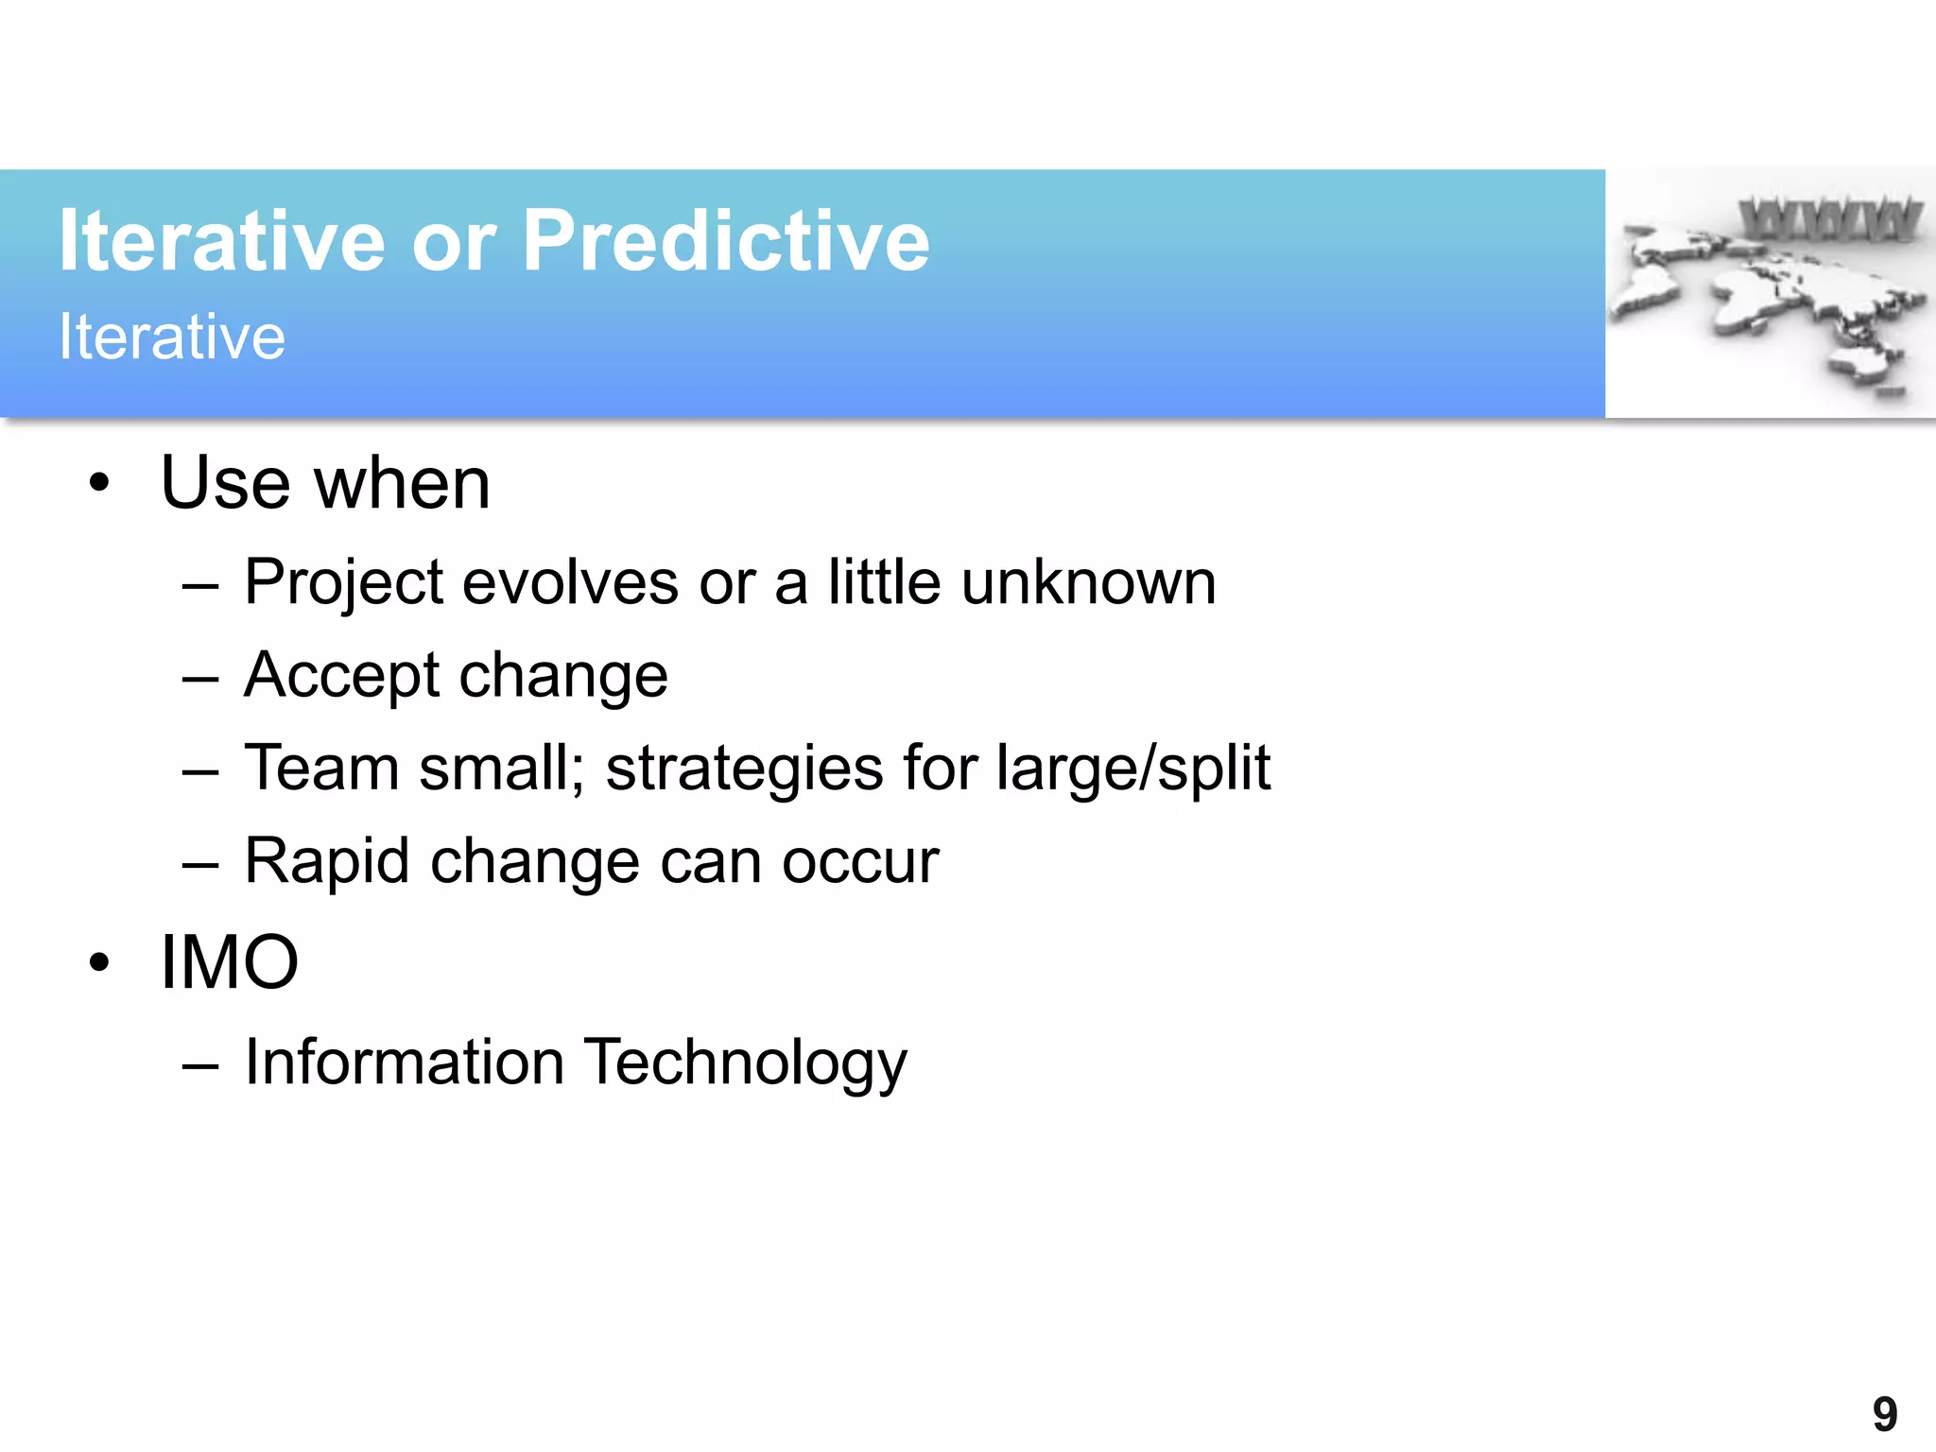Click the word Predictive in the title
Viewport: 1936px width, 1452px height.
[725, 242]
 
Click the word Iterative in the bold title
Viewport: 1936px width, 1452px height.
[222, 242]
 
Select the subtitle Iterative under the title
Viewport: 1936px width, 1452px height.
[172, 337]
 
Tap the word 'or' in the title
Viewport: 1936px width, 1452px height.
[454, 244]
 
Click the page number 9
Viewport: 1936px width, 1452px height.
[1884, 1415]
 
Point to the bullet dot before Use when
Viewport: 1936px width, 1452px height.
[99, 484]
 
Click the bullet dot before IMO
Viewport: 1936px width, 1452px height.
[99, 963]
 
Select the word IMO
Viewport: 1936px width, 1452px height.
[230, 962]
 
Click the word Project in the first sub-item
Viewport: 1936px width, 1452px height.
[343, 582]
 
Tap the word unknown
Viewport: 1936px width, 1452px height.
[1088, 582]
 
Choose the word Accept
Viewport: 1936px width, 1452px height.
[341, 676]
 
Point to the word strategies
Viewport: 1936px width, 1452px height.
[744, 768]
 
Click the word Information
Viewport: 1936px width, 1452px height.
[404, 1063]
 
